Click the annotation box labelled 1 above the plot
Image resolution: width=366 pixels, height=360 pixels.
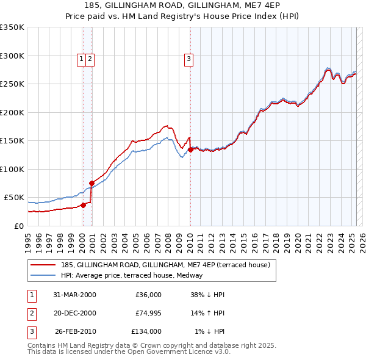coord(81,59)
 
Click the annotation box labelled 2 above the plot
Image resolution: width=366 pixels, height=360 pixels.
coord(90,59)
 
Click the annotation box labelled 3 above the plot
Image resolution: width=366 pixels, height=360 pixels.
coord(188,59)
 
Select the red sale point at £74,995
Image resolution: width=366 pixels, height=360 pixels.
coord(91,183)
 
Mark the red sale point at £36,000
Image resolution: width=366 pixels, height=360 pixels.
coord(84,205)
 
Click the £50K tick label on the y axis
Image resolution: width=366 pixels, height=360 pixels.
coord(15,198)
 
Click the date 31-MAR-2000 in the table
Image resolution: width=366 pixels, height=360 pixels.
coord(74,295)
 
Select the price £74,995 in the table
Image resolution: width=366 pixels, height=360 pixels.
coord(146,314)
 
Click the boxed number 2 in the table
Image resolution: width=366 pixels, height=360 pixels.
coord(30,314)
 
